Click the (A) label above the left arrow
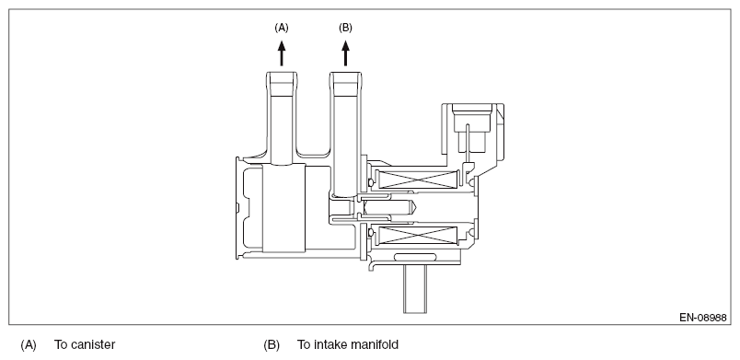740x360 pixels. [282, 28]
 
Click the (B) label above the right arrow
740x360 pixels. [345, 28]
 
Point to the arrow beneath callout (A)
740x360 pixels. [282, 52]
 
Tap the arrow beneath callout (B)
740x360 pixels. [345, 52]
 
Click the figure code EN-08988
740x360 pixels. [702, 318]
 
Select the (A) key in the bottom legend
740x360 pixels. [29, 345]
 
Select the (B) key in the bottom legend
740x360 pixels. [272, 345]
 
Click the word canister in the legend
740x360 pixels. [92, 345]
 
